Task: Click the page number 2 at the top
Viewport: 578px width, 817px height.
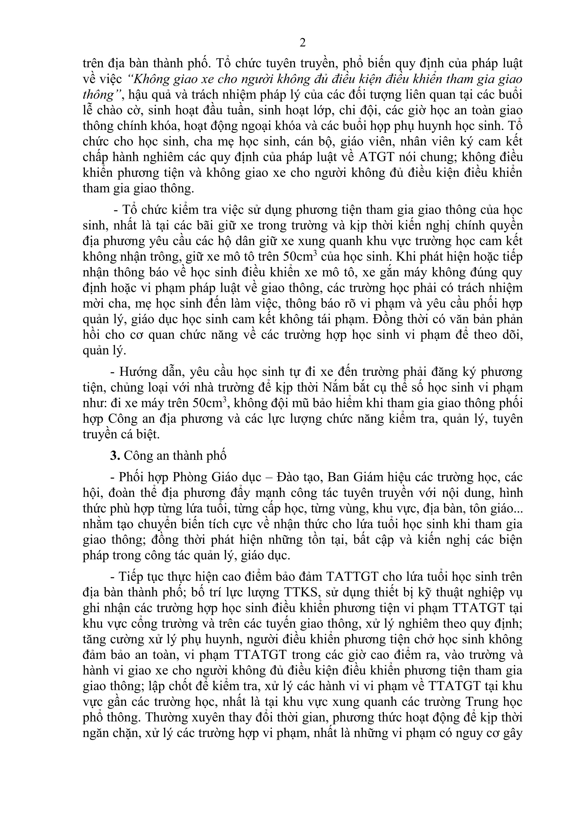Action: tap(302, 43)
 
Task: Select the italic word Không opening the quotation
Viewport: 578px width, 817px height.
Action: tap(145, 79)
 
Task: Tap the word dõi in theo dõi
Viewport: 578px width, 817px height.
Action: tap(512, 335)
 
